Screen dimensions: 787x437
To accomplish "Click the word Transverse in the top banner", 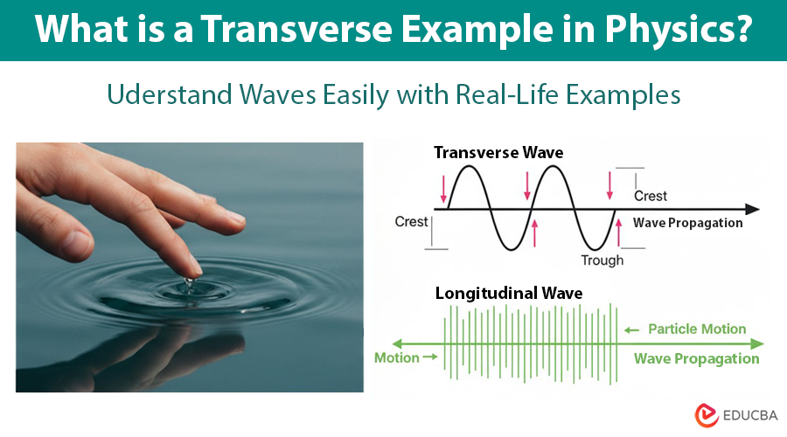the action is pyautogui.click(x=296, y=29).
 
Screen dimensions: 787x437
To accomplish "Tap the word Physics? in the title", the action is pyautogui.click(x=679, y=29).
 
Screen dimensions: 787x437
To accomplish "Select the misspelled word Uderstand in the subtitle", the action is pyautogui.click(x=169, y=94).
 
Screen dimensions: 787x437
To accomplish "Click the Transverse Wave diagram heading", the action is pyautogui.click(x=498, y=153).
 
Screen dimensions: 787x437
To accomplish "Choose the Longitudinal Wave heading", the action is pyautogui.click(x=509, y=293).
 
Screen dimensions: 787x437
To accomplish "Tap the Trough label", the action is pyautogui.click(x=602, y=260).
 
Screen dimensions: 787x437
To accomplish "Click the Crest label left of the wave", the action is pyautogui.click(x=411, y=222).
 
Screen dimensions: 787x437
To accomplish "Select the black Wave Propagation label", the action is pyautogui.click(x=687, y=223).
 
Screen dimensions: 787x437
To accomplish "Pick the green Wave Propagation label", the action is pyautogui.click(x=697, y=358).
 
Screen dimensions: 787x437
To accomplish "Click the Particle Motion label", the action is pyautogui.click(x=697, y=329).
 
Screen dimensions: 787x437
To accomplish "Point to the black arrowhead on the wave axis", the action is pyautogui.click(x=752, y=209).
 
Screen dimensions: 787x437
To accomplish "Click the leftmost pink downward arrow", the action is pyautogui.click(x=443, y=189).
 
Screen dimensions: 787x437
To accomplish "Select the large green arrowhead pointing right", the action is pyautogui.click(x=757, y=343).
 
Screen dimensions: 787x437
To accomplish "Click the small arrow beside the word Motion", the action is pyautogui.click(x=430, y=357).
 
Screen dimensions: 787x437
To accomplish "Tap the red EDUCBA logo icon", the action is pyautogui.click(x=707, y=415).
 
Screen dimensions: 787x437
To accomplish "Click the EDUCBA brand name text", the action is pyautogui.click(x=750, y=415).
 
